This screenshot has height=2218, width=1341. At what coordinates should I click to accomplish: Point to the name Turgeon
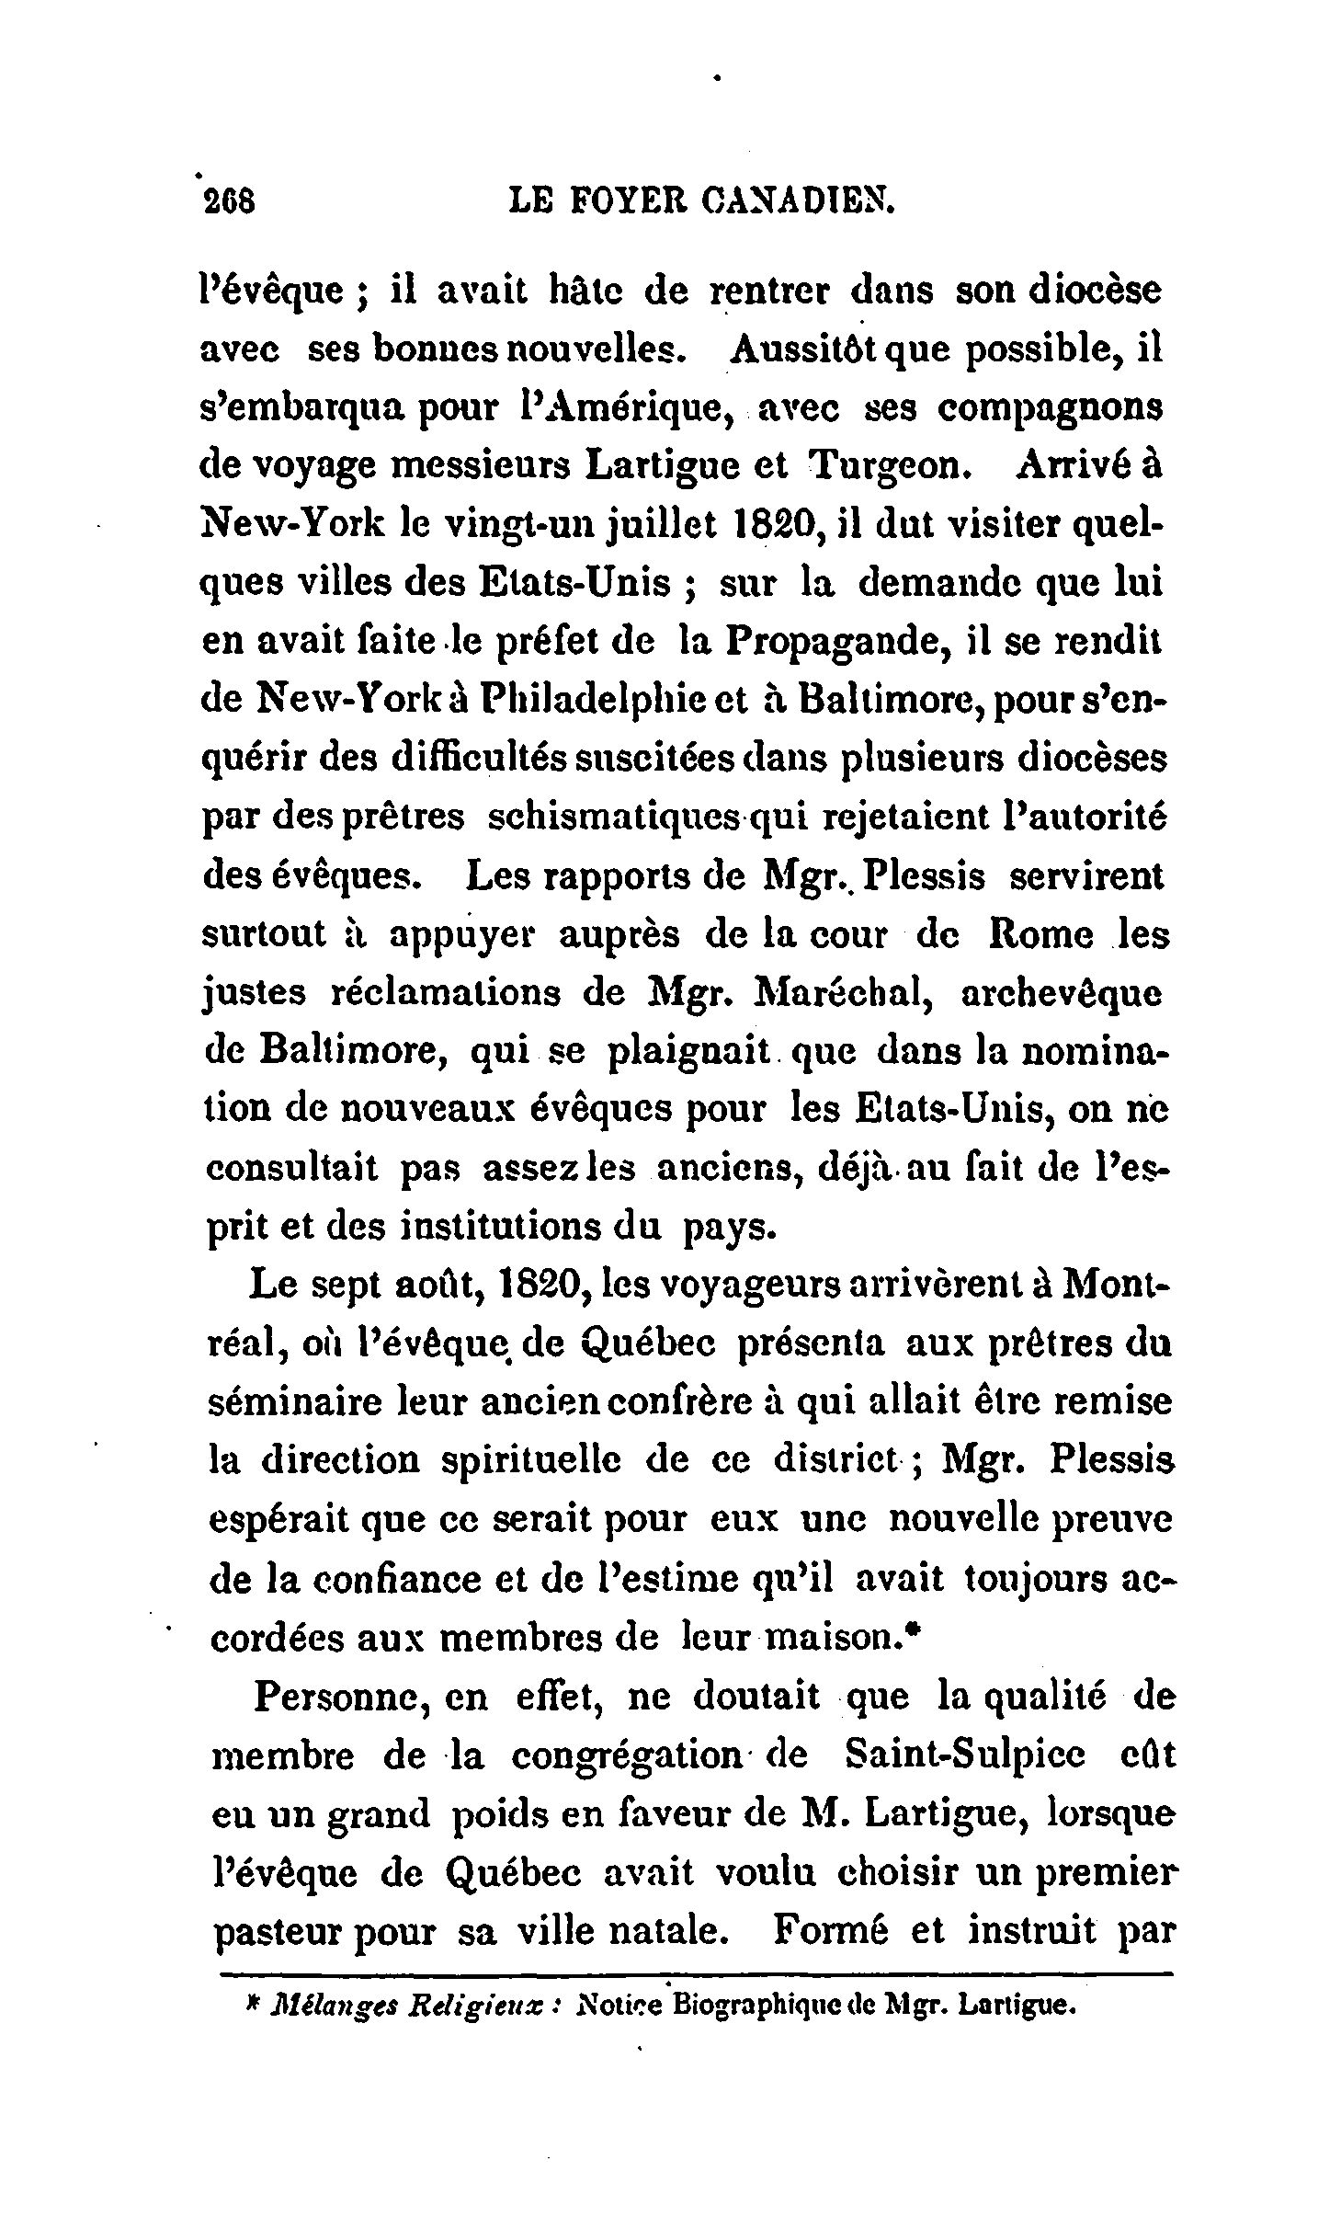click(888, 464)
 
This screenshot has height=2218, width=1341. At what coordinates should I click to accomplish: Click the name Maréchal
click(833, 994)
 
